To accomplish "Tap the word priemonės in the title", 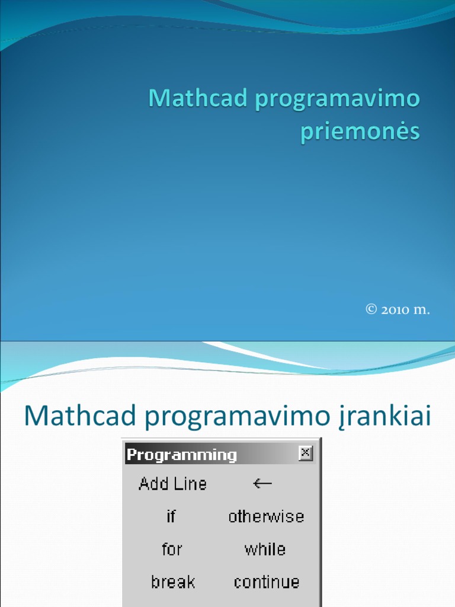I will (360, 131).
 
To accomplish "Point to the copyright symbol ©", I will (371, 309).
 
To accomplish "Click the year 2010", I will (395, 309).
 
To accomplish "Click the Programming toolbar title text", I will (182, 455).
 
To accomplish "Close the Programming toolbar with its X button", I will (305, 453).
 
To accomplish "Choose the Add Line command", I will (172, 484).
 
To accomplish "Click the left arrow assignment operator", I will (262, 484).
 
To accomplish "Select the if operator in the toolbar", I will (171, 516).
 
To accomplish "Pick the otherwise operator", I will (266, 516).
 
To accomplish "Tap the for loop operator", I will (171, 549).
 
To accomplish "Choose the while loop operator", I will (265, 549).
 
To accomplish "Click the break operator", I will (172, 582).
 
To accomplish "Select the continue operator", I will (266, 582).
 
